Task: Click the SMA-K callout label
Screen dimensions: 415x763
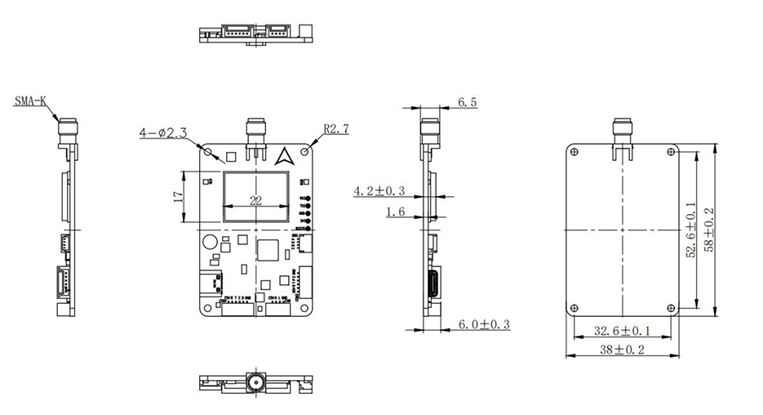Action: point(31,102)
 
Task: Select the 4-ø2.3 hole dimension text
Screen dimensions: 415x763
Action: point(163,132)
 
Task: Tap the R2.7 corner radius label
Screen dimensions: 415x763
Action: point(336,129)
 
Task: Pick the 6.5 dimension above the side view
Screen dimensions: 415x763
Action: point(468,102)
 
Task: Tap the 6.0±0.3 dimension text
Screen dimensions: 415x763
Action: point(483,324)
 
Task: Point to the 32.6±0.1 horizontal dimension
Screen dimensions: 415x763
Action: point(623,331)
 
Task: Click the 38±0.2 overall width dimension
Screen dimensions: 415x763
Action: point(623,350)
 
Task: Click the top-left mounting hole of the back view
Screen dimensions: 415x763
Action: point(574,150)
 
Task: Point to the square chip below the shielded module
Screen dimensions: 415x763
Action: point(267,250)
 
